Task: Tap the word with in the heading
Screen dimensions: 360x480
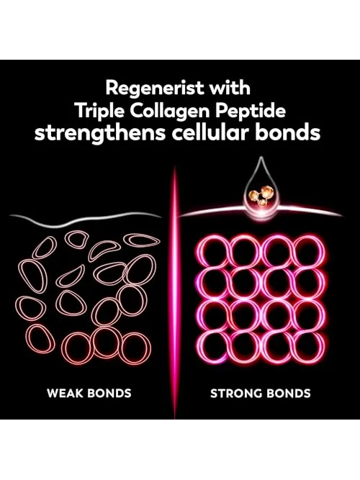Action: coord(230,87)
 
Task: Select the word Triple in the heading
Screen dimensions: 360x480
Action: coord(100,112)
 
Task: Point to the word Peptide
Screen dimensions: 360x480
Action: coord(250,112)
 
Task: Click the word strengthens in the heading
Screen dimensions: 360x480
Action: coord(100,134)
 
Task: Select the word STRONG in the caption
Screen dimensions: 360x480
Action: coord(235,393)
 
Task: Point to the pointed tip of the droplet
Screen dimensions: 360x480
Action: coord(261,157)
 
